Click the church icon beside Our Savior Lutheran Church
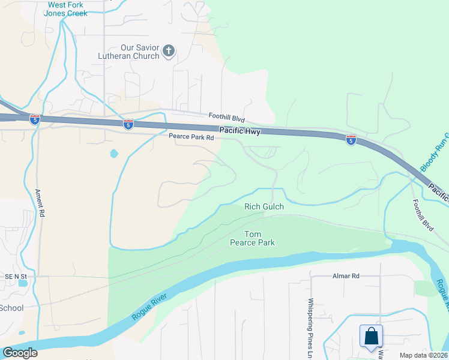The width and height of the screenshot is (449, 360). point(169,50)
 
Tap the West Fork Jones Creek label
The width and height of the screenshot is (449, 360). point(67,8)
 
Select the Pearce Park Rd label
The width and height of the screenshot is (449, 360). point(191,137)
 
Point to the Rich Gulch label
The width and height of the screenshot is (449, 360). point(264,206)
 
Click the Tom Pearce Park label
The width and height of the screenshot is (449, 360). point(252,238)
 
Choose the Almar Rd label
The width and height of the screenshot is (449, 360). point(346,276)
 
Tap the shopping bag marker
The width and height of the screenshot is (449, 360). point(372,336)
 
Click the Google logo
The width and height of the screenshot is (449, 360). point(19,353)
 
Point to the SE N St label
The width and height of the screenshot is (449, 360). point(16,276)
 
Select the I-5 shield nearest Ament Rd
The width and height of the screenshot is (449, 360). point(35,119)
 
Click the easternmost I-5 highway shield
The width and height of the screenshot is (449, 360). point(351,140)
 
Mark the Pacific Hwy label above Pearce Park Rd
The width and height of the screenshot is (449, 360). point(240,131)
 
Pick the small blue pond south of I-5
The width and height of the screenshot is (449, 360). point(114,154)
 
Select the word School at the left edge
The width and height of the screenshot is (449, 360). point(11,308)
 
